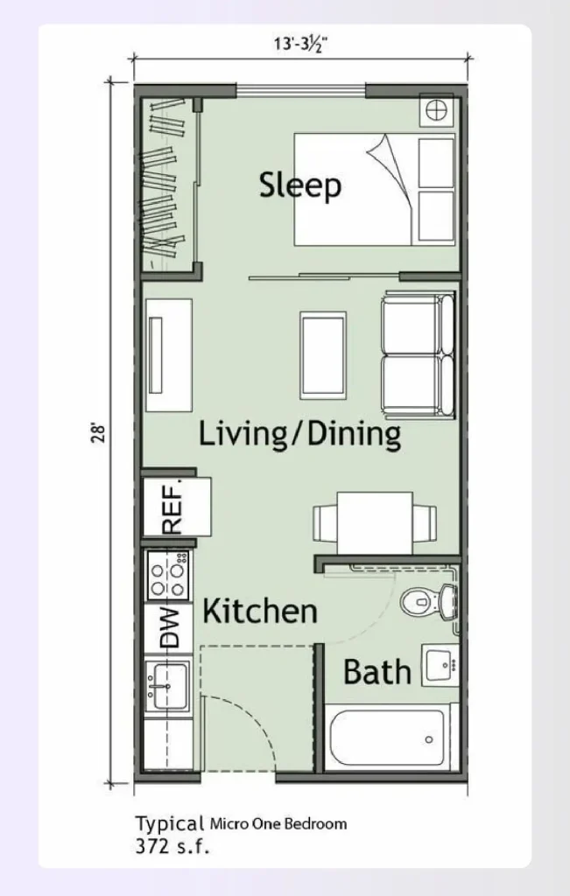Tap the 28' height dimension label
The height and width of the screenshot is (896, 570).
click(x=99, y=432)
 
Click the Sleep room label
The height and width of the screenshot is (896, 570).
click(x=300, y=185)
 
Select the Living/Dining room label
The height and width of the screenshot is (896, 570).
click(x=299, y=434)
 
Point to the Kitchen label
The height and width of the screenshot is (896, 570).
click(x=260, y=611)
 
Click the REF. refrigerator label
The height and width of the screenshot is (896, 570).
click(x=172, y=507)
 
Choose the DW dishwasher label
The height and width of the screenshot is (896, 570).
click(x=169, y=627)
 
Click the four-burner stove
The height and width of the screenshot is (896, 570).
click(x=167, y=576)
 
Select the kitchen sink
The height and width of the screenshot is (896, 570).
click(x=166, y=686)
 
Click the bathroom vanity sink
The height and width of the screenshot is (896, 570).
click(x=440, y=665)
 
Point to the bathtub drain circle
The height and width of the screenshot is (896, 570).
click(x=429, y=740)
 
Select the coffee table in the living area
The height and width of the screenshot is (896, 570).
click(x=323, y=355)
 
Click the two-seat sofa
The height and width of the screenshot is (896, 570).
click(x=418, y=355)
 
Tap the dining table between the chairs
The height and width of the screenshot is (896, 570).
click(x=375, y=522)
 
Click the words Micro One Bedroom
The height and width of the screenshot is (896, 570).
click(x=278, y=824)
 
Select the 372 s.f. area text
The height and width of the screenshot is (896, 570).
click(x=172, y=846)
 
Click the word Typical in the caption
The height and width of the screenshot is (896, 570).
click(x=169, y=824)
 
